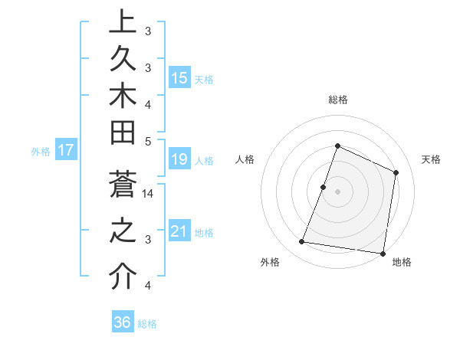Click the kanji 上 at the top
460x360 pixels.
tap(122, 21)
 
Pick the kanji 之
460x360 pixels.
tap(122, 232)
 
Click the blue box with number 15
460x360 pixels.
tap(179, 78)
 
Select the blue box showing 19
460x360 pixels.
tap(179, 159)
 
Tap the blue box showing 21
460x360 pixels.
tap(179, 231)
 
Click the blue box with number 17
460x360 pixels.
tap(66, 150)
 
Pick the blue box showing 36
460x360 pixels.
tap(123, 322)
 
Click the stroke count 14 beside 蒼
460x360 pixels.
tap(149, 194)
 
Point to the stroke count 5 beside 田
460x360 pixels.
tap(148, 141)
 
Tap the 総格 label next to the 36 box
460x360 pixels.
tap(147, 324)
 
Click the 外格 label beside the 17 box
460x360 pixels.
tap(41, 152)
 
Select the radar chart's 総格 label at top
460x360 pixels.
tap(338, 100)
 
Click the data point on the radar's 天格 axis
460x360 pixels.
tap(396, 172)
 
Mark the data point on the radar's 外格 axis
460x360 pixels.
tap(302, 242)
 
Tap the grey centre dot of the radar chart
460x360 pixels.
tap(337, 191)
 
